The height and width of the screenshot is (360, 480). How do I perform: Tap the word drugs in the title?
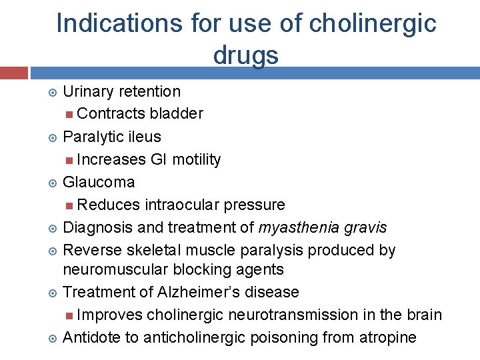point(246,55)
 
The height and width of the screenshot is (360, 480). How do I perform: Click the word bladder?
point(177,113)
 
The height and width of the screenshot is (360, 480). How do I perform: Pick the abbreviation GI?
point(159,159)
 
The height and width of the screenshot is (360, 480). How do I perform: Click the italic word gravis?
point(365,228)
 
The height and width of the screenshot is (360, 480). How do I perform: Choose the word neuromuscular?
point(115,269)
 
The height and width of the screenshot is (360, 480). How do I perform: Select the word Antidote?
point(91,337)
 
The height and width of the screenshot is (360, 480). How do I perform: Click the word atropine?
point(388,337)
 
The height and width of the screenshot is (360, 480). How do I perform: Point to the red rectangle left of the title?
point(13,72)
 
